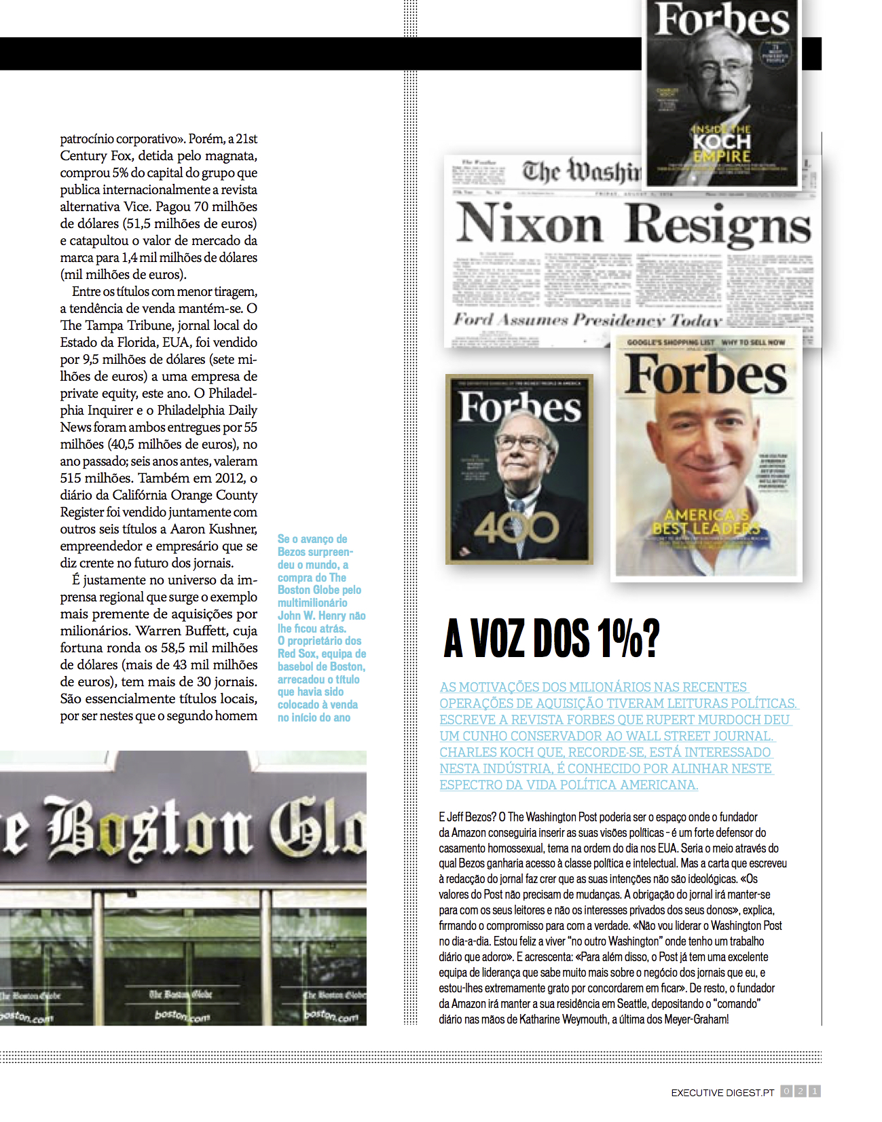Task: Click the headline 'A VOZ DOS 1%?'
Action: tap(551, 638)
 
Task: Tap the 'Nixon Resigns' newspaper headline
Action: tap(633, 224)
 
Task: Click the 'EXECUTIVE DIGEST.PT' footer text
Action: tap(722, 1093)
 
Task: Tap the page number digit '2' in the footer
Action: tap(801, 1091)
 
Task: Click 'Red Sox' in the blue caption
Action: tap(297, 654)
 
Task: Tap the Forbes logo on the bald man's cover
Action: tap(706, 375)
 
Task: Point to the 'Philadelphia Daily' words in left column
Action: tap(207, 410)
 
